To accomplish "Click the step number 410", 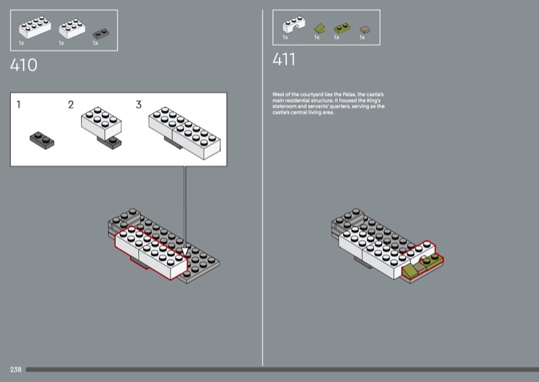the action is point(24,65).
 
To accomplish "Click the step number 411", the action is point(284,59).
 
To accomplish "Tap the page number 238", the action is point(15,369).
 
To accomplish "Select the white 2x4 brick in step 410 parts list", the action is point(35,27).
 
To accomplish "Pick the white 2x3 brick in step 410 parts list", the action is point(72,28).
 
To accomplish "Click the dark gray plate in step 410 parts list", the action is point(101,34).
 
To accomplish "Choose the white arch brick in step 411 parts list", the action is point(294,24).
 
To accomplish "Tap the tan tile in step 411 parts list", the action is point(364,30).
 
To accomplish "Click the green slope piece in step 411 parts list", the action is point(319,28).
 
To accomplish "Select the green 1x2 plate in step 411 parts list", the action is point(342,28).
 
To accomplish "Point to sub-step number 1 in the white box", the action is point(19,105).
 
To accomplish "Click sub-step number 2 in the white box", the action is point(71,105).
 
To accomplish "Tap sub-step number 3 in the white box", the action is point(139,105).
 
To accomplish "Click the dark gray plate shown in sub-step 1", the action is point(42,141).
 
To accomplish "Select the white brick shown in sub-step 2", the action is point(101,123).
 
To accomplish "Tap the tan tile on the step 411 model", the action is point(419,268).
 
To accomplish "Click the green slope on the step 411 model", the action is point(409,272).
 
